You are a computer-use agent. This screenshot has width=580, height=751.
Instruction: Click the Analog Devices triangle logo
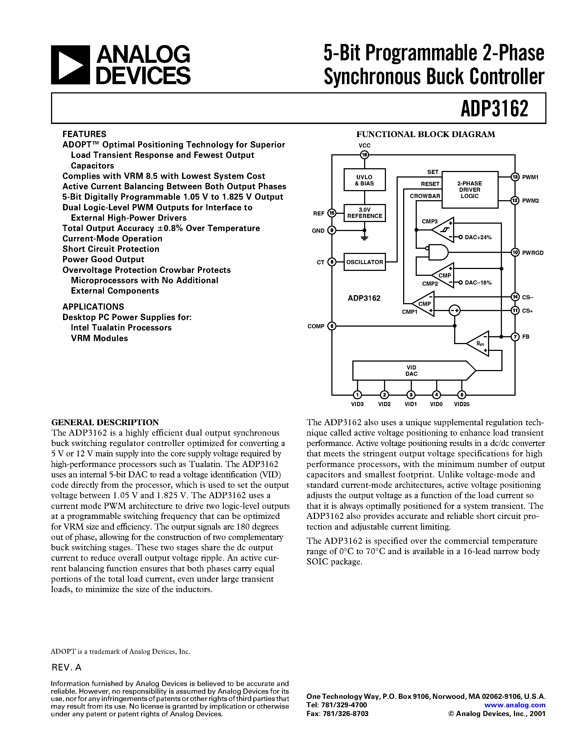point(70,65)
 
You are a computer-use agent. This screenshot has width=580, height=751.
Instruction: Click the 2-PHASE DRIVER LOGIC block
point(469,190)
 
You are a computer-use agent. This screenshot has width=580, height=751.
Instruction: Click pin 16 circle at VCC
point(364,155)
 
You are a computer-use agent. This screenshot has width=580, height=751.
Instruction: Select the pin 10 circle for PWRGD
point(515,252)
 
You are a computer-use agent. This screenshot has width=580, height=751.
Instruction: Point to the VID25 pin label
point(462,404)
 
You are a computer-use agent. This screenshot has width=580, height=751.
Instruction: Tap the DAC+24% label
point(478,237)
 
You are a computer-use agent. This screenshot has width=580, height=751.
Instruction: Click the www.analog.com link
point(515,705)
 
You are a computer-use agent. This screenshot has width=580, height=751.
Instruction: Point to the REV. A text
point(66,667)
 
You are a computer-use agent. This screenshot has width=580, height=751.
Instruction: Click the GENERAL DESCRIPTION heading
point(105,422)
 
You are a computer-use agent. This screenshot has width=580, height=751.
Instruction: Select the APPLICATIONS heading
point(93,307)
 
